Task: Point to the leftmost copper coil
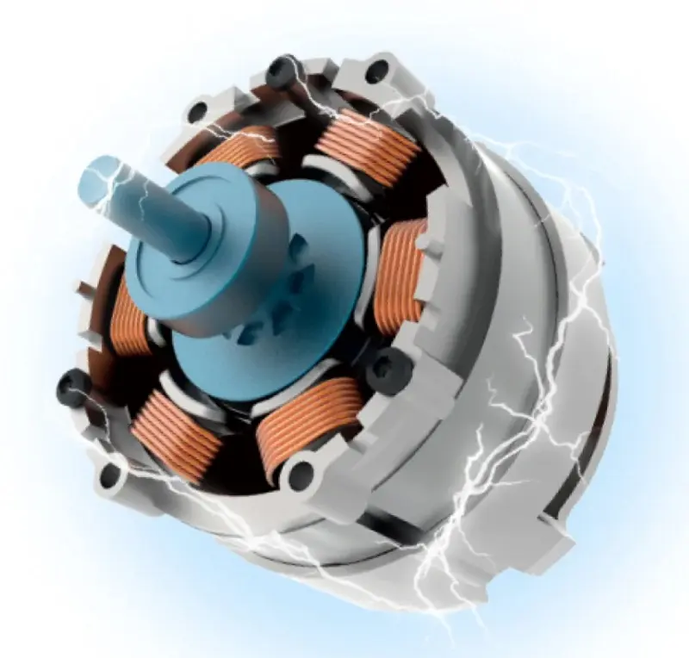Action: (x=129, y=314)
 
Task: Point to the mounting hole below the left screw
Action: (x=109, y=472)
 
